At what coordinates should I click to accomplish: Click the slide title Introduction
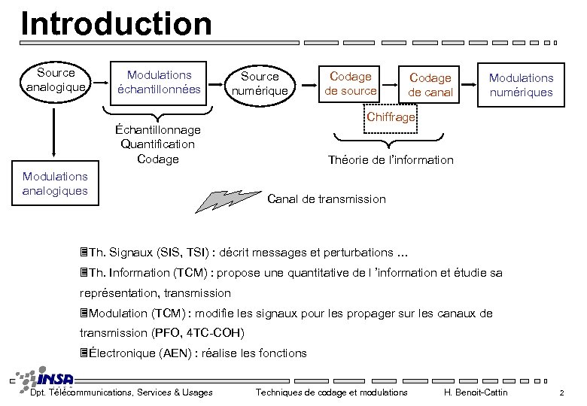(x=117, y=23)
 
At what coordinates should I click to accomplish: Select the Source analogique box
(x=56, y=80)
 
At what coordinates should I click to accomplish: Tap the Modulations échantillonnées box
(x=159, y=82)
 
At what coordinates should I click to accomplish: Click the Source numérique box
(x=260, y=83)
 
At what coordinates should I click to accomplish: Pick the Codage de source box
(x=350, y=83)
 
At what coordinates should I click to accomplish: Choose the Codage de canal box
(x=430, y=85)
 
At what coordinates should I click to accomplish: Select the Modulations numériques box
(x=521, y=85)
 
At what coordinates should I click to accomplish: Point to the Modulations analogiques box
(x=55, y=183)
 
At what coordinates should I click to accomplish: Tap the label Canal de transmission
(x=327, y=199)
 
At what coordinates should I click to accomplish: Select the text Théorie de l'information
(x=391, y=159)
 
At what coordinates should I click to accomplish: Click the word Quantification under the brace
(x=158, y=144)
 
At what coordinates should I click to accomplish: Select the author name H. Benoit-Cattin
(x=476, y=392)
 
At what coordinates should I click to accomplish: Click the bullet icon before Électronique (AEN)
(x=84, y=353)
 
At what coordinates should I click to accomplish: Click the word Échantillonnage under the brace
(x=158, y=129)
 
